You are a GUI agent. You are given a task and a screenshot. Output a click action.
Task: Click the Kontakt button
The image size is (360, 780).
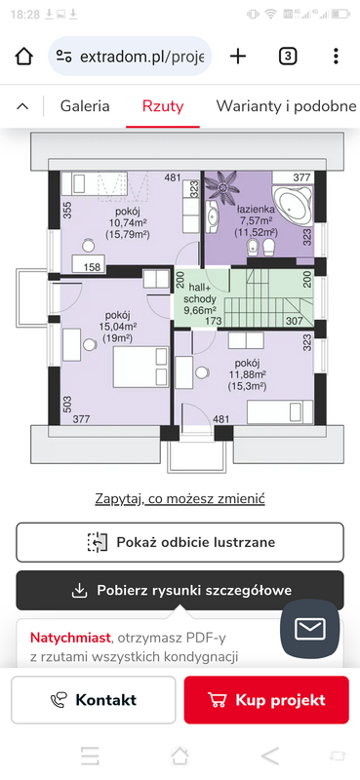click(94, 700)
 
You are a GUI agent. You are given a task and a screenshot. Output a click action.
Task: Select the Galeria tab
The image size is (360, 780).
click(85, 106)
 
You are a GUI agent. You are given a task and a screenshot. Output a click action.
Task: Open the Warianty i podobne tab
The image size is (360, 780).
click(286, 106)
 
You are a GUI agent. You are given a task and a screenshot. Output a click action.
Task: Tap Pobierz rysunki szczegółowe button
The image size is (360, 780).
click(180, 591)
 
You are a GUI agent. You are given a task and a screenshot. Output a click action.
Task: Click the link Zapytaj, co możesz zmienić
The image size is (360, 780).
click(180, 498)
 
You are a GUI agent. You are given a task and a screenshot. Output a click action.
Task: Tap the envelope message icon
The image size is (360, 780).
click(309, 629)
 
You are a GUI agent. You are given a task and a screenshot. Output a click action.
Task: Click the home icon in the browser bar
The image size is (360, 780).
click(23, 57)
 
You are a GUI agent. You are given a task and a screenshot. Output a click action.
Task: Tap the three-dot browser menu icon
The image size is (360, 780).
click(337, 57)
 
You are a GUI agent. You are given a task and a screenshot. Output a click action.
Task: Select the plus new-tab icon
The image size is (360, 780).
click(238, 57)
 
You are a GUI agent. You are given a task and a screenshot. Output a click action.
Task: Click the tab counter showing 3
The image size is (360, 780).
click(287, 57)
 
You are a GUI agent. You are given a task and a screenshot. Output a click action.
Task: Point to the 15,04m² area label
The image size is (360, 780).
click(117, 327)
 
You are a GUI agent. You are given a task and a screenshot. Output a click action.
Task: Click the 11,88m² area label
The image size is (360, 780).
click(247, 373)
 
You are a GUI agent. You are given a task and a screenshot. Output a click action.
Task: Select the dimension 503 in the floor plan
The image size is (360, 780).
click(67, 402)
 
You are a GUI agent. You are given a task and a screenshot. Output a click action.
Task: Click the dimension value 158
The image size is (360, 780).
click(93, 267)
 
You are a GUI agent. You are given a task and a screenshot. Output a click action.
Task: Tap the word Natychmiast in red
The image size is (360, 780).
click(70, 638)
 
